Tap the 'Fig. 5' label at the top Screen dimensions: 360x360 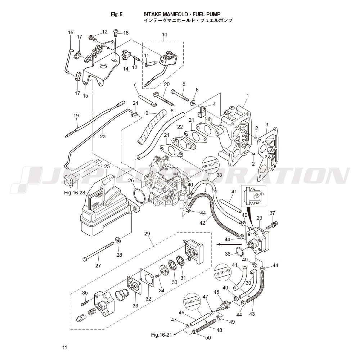tap(117, 14)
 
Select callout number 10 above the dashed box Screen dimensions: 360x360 tap(165, 35)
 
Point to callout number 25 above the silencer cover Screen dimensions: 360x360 tap(107, 166)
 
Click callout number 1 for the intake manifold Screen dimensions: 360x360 tap(248, 95)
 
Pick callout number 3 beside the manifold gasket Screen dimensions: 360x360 tap(267, 125)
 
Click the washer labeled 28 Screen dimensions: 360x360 tap(118, 240)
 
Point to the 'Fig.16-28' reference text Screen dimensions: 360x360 tap(75, 193)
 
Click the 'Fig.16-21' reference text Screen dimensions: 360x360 tap(162, 335)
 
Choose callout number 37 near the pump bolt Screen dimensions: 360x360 tap(272, 213)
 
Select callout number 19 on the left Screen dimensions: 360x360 tap(76, 116)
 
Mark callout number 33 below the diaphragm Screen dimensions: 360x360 tap(135, 306)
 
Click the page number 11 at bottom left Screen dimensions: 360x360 tap(64, 347)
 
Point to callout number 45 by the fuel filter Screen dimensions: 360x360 tap(216, 292)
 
